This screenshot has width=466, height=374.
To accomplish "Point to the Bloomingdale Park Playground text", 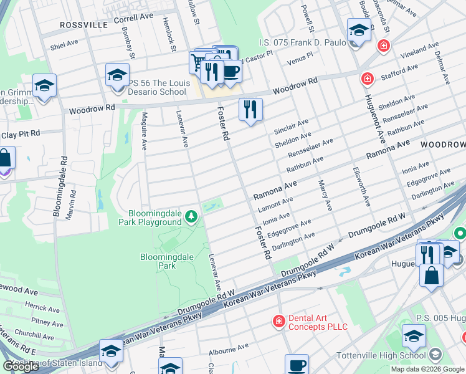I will point(151,218).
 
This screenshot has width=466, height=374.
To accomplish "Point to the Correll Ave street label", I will point(133,19).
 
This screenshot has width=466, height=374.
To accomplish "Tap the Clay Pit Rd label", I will point(20,133).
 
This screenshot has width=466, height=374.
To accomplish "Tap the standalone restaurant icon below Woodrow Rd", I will point(250,110).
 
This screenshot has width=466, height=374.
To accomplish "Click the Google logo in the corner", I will point(20,367).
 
